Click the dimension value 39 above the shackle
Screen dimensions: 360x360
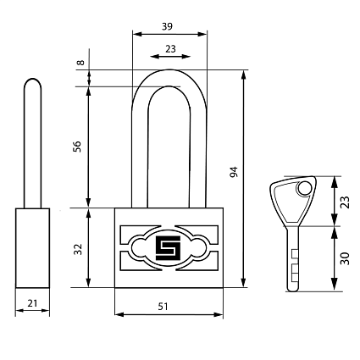pyautogui.click(x=167, y=26)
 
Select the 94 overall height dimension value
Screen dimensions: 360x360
pyautogui.click(x=234, y=172)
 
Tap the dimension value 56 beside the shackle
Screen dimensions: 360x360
pyautogui.click(x=77, y=147)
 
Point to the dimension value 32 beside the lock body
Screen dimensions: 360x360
pyautogui.click(x=77, y=249)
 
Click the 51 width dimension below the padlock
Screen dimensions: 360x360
pyautogui.click(x=163, y=307)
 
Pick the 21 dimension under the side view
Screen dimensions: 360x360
pyautogui.click(x=32, y=303)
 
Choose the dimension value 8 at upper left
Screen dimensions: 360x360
pyautogui.click(x=80, y=62)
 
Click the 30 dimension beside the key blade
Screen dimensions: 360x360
pyautogui.click(x=345, y=258)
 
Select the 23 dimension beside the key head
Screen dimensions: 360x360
pyautogui.click(x=345, y=202)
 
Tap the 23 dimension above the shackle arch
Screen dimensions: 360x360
pyautogui.click(x=170, y=49)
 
